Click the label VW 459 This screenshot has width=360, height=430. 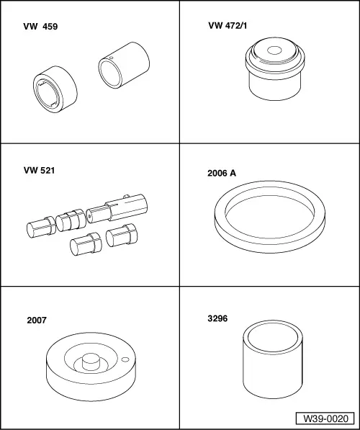pyautogui.click(x=40, y=27)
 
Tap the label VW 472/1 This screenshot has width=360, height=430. pyautogui.click(x=228, y=25)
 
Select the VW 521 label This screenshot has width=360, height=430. pyautogui.click(x=39, y=170)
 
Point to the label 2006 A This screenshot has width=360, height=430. pyautogui.click(x=222, y=173)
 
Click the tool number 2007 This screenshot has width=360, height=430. pyautogui.click(x=37, y=320)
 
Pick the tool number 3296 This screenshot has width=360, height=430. pyautogui.click(x=217, y=318)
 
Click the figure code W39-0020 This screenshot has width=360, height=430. pyautogui.click(x=325, y=418)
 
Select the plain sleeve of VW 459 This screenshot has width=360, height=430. pyautogui.click(x=124, y=65)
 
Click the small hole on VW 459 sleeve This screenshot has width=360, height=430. pyautogui.click(x=112, y=58)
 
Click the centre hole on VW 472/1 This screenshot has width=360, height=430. pyautogui.click(x=274, y=50)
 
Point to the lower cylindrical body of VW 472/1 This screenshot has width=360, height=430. pyautogui.click(x=275, y=88)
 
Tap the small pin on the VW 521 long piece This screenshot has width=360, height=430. pyautogui.click(x=126, y=196)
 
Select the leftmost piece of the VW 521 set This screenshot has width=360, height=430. pyautogui.click(x=42, y=227)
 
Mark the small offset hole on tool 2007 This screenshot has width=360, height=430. pyautogui.click(x=125, y=359)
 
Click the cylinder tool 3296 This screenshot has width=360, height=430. pyautogui.click(x=273, y=359)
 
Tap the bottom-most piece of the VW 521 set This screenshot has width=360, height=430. pyautogui.click(x=86, y=243)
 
